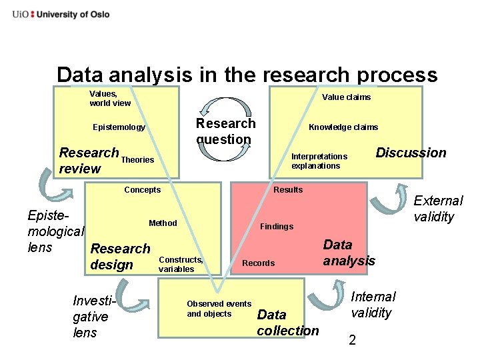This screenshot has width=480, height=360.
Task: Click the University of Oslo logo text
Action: click(x=61, y=14)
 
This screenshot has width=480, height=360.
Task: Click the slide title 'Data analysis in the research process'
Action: click(x=247, y=75)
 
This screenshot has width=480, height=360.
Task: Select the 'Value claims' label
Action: click(x=346, y=97)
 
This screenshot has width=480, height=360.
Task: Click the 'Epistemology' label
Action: click(x=119, y=127)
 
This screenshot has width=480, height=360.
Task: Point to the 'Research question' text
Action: click(x=225, y=131)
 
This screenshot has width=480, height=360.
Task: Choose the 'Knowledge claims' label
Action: click(x=343, y=127)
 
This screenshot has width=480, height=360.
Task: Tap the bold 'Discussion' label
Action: click(x=411, y=153)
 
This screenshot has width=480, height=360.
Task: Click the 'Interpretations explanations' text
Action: click(x=319, y=161)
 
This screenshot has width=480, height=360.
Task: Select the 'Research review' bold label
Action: click(x=88, y=160)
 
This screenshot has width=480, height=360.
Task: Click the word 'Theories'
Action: click(x=137, y=160)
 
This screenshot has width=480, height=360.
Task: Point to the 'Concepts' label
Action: click(x=142, y=190)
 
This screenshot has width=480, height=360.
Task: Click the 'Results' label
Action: click(x=288, y=190)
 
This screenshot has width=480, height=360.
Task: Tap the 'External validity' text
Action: click(x=438, y=209)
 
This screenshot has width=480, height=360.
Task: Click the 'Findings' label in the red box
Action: click(x=277, y=227)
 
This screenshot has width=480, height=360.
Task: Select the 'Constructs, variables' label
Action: click(x=181, y=264)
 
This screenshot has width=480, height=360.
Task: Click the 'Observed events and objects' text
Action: click(x=219, y=309)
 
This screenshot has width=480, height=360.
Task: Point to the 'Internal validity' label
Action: click(x=373, y=305)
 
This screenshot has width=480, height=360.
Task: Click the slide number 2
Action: click(x=353, y=341)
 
